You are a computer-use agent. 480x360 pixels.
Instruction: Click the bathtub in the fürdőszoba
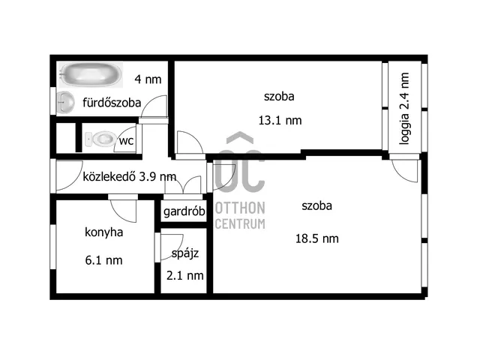[x=90, y=74]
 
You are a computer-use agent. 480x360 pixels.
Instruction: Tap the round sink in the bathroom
[x=65, y=101]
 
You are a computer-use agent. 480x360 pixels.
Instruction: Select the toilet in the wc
[x=100, y=139]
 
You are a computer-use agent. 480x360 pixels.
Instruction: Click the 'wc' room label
[x=127, y=140]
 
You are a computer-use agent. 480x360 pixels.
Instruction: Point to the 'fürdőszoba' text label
[x=112, y=103]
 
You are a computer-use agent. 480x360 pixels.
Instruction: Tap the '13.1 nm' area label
[x=280, y=120]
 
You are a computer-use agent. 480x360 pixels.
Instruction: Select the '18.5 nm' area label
[x=317, y=238]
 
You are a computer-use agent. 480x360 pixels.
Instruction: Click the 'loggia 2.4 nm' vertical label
[x=403, y=112]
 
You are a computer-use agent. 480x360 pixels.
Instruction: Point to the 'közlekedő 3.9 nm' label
[x=129, y=177]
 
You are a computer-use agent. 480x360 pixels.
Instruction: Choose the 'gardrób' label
[x=184, y=211]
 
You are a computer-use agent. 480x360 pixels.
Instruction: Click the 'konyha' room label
[x=103, y=232]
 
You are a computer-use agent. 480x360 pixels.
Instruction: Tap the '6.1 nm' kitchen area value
[x=103, y=260]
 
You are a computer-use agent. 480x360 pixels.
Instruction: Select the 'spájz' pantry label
[x=184, y=253]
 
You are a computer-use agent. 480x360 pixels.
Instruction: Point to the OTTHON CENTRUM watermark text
[x=240, y=215]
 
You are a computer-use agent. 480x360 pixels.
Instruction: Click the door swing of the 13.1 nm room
[x=187, y=143]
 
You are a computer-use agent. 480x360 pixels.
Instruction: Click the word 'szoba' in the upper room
[x=279, y=96]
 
